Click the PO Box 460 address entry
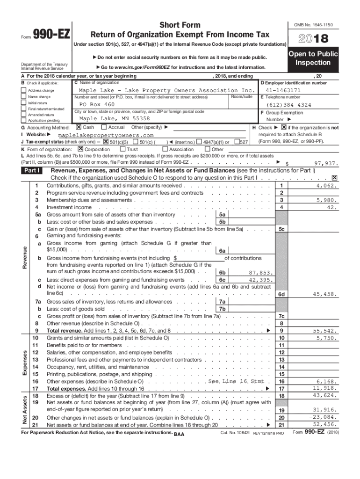(97, 104)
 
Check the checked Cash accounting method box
(79, 127)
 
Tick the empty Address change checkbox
(24, 90)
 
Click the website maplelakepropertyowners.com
(108, 135)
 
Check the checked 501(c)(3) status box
(106, 142)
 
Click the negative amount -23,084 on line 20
(324, 417)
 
